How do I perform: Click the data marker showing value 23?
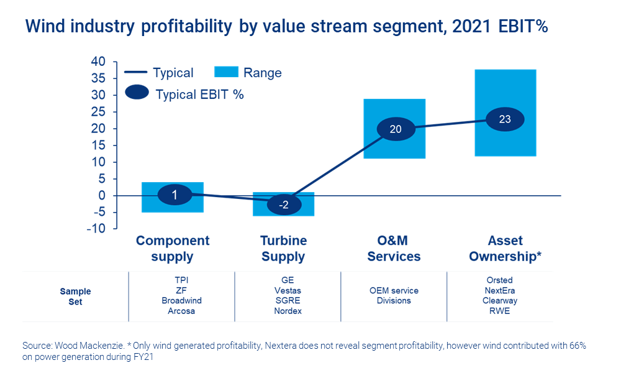click(x=505, y=119)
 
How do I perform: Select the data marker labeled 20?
click(x=396, y=129)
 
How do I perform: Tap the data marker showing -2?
click(x=283, y=205)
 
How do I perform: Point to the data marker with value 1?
click(x=175, y=195)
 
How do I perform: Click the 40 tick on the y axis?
click(x=98, y=62)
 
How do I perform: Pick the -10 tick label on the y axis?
click(x=96, y=229)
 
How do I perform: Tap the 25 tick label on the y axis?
click(x=98, y=112)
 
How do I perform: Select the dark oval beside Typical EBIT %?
click(x=137, y=93)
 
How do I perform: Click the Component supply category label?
click(x=173, y=249)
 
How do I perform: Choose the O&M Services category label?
click(x=394, y=249)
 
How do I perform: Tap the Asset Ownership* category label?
click(x=504, y=249)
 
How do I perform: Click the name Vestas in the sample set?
click(x=288, y=290)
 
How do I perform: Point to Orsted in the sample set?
click(x=499, y=280)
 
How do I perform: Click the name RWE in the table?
click(x=499, y=310)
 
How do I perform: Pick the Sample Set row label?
click(x=76, y=296)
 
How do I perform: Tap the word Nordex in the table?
click(x=288, y=310)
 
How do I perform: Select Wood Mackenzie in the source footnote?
click(x=84, y=345)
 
